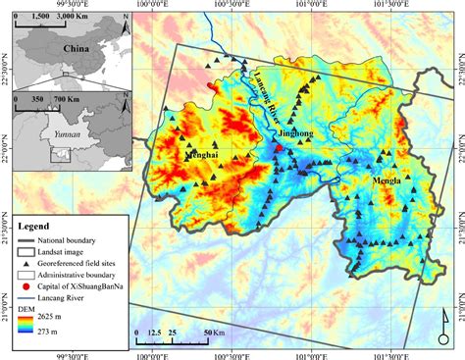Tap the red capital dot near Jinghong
279,148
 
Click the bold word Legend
40,226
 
